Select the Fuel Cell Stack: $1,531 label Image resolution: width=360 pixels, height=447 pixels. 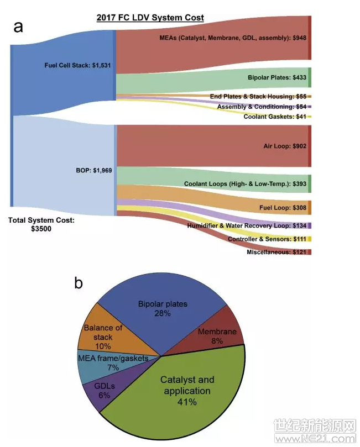click(x=78, y=65)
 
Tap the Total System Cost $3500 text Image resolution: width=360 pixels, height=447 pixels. click(x=41, y=224)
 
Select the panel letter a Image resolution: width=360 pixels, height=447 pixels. click(x=19, y=26)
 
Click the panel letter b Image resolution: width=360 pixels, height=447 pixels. click(x=79, y=283)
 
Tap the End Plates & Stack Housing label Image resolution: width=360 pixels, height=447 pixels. click(x=258, y=97)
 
